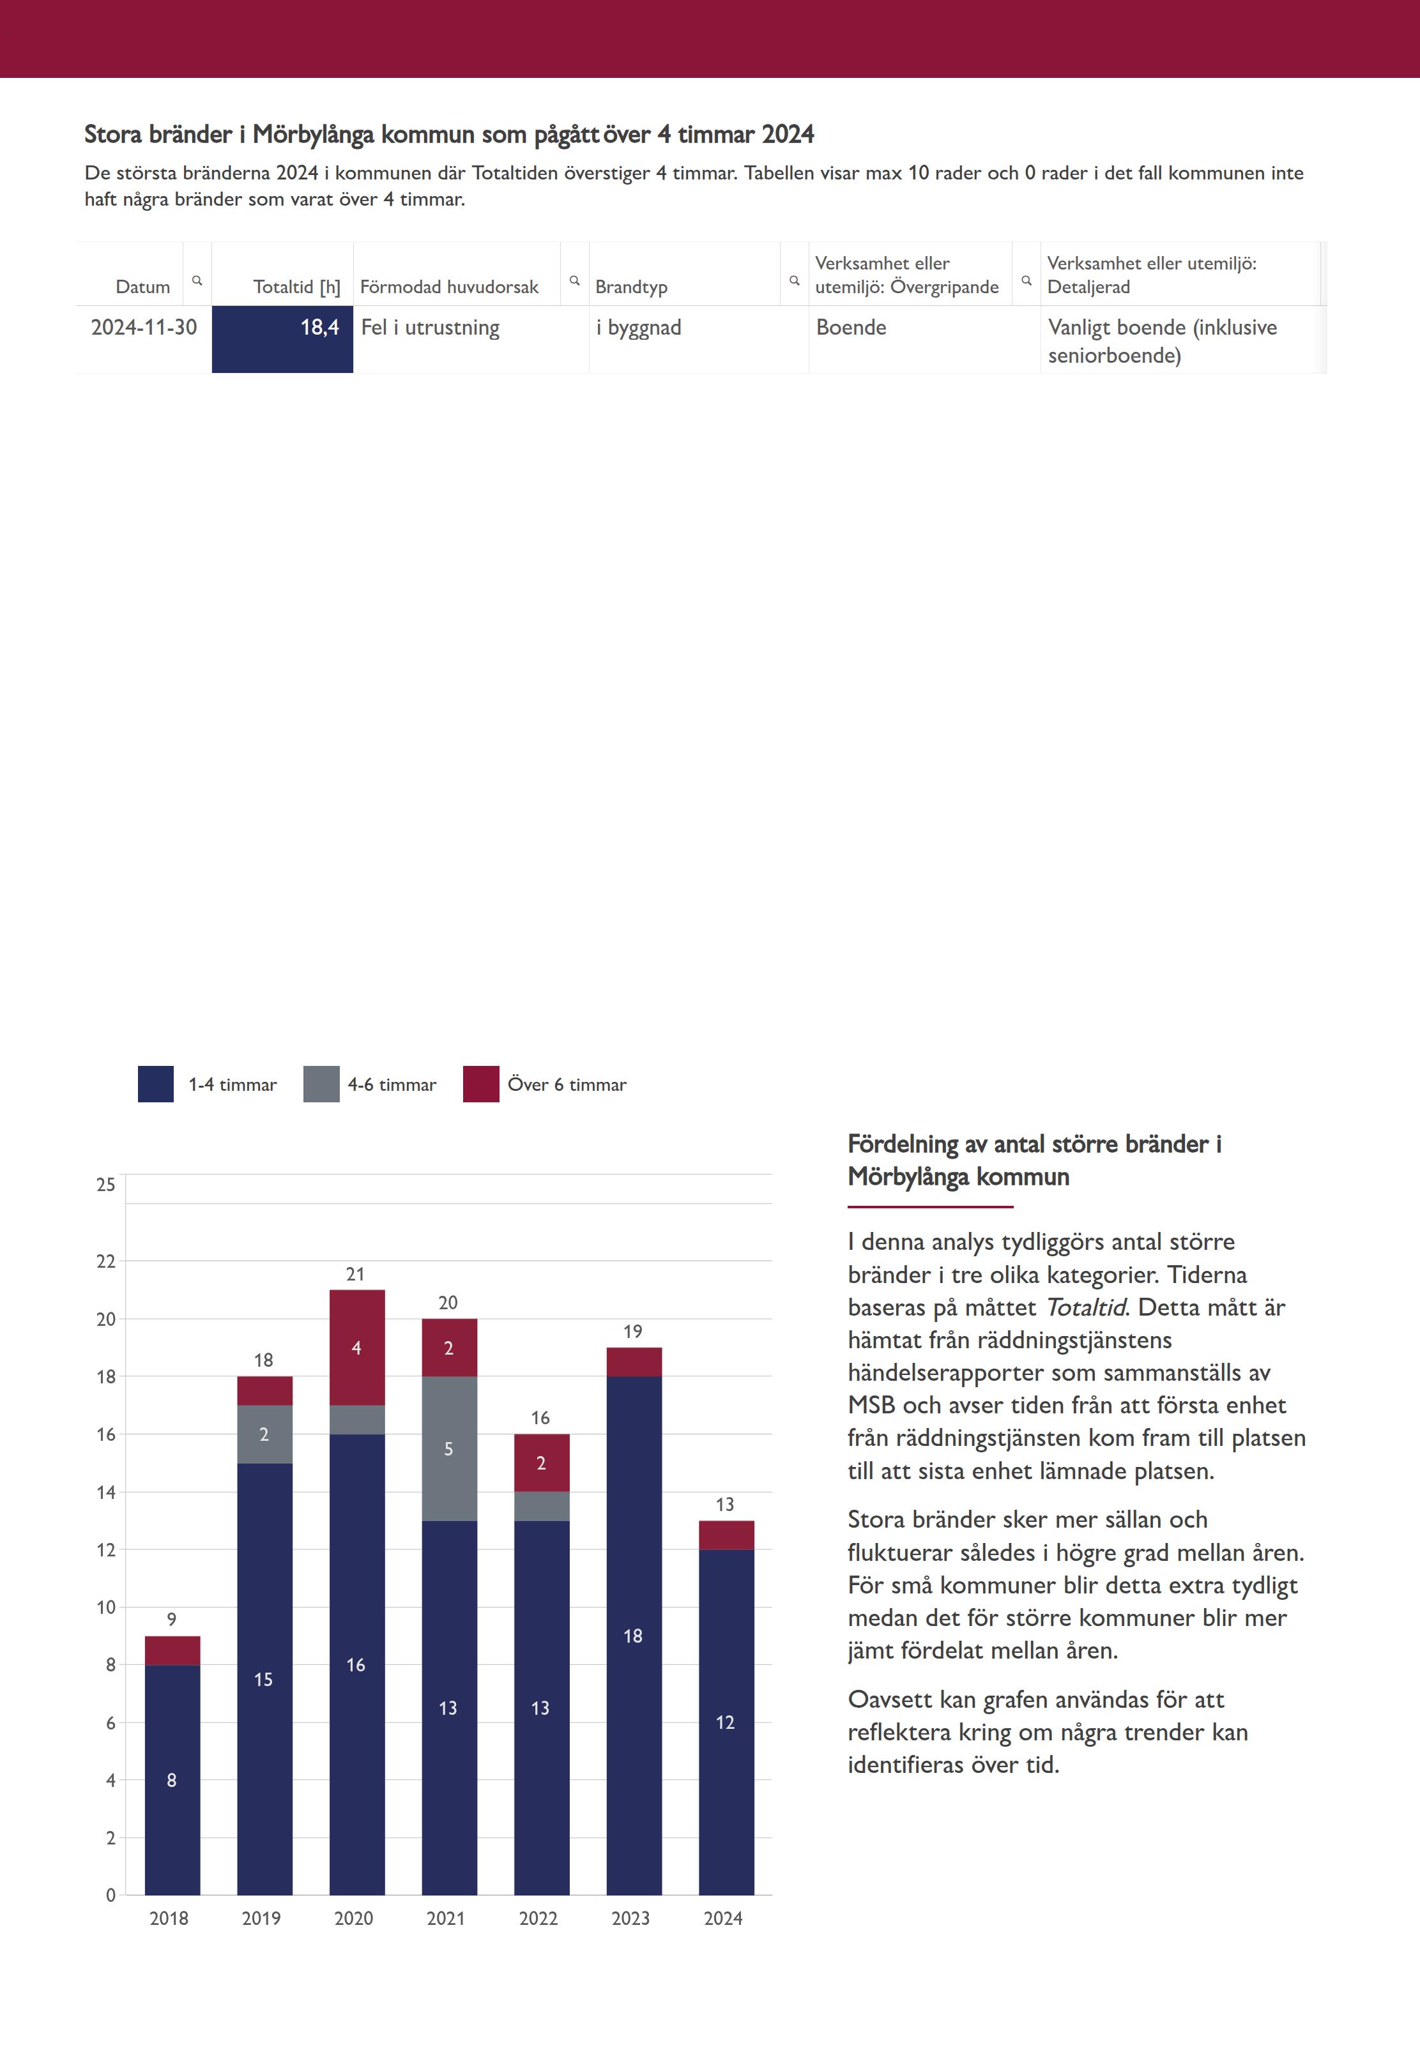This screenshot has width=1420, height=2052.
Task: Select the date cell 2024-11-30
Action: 144,328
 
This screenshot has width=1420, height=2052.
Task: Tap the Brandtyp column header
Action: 631,286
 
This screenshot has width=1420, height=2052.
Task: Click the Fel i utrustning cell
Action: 431,328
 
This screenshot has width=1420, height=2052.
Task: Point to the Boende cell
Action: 851,328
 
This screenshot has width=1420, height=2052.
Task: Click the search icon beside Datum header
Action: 197,280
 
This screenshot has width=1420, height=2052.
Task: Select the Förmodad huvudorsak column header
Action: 449,286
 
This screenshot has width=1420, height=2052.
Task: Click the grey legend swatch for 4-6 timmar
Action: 321,1083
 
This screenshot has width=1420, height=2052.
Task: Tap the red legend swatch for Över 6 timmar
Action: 480,1083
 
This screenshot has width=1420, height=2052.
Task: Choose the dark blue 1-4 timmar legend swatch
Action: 156,1083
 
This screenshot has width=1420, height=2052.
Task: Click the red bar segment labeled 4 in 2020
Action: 357,1347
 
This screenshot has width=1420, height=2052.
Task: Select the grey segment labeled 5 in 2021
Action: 449,1448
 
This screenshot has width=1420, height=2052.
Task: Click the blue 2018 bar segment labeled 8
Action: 172,1779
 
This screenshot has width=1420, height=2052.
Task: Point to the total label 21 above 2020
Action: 356,1273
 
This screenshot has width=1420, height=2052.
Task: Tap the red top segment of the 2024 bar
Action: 726,1534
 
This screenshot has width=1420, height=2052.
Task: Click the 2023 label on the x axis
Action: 631,1919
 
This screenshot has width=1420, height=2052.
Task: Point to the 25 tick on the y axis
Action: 106,1184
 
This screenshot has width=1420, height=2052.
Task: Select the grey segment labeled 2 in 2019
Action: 264,1434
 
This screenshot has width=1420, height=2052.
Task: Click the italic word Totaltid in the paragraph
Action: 1085,1307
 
